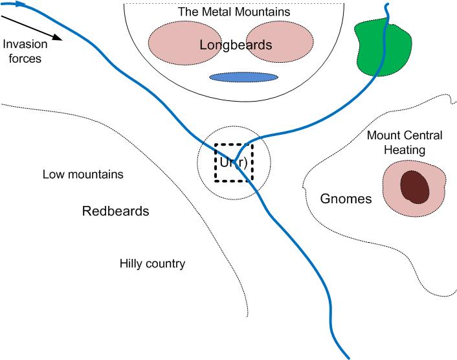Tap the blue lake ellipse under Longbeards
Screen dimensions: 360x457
click(x=243, y=77)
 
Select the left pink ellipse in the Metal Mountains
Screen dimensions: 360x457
click(x=175, y=43)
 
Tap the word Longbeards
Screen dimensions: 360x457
click(x=236, y=45)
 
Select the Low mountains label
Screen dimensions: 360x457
click(x=83, y=174)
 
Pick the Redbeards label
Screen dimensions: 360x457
click(x=116, y=211)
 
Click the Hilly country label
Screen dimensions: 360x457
click(x=152, y=264)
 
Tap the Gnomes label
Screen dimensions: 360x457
click(x=346, y=199)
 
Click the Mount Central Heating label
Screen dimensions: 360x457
click(x=404, y=142)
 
